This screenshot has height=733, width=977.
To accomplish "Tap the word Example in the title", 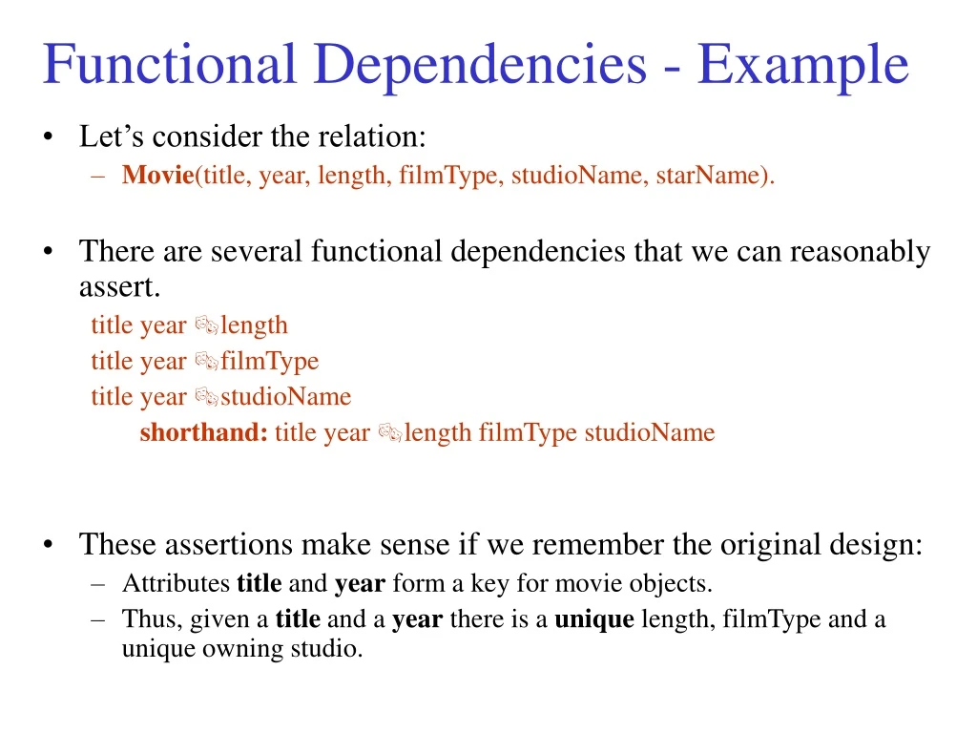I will (x=802, y=65).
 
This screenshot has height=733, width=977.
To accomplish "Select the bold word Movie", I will (x=157, y=176).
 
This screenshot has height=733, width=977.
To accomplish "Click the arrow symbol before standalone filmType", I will (x=207, y=362).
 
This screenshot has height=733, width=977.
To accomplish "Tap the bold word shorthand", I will (x=203, y=433).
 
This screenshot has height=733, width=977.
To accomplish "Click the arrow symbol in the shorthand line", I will (x=390, y=433).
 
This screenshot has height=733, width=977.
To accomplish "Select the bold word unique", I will (x=593, y=619).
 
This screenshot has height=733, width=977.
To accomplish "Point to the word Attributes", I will (x=176, y=583).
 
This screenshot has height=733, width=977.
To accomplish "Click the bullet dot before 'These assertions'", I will (x=49, y=545).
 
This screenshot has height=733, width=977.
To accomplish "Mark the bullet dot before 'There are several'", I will (x=49, y=252).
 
